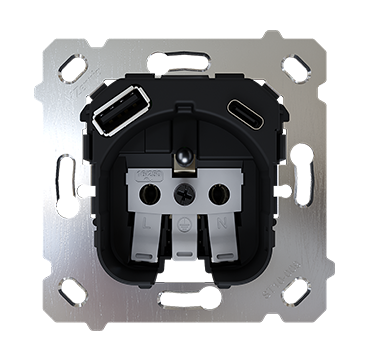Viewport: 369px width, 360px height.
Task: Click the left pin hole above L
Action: (146, 193)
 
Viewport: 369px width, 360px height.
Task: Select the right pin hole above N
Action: (221, 193)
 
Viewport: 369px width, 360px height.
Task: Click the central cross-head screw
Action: (184, 193)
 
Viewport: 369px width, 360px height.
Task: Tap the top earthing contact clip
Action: (183, 158)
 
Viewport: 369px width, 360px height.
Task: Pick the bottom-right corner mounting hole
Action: (295, 291)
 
